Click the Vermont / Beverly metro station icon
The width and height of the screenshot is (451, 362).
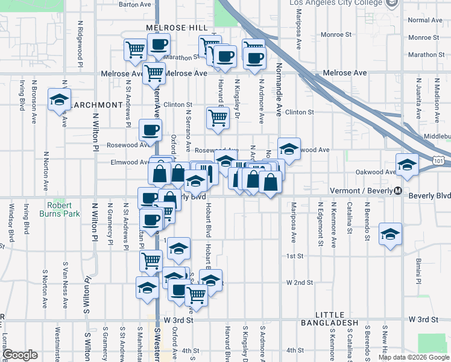point(397,191)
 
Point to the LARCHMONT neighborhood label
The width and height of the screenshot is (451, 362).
point(96,105)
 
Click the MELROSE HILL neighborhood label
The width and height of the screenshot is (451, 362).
point(168,28)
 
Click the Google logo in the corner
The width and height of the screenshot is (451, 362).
point(20,355)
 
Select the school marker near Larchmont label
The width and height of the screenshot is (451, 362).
point(59,100)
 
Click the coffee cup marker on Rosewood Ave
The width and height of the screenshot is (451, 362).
point(150,129)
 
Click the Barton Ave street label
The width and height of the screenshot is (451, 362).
point(134,4)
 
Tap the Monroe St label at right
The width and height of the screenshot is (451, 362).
point(426,37)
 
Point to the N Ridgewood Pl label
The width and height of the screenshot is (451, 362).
point(80,40)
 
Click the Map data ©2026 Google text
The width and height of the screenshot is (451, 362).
point(414,357)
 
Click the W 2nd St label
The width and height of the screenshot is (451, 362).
point(300,282)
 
